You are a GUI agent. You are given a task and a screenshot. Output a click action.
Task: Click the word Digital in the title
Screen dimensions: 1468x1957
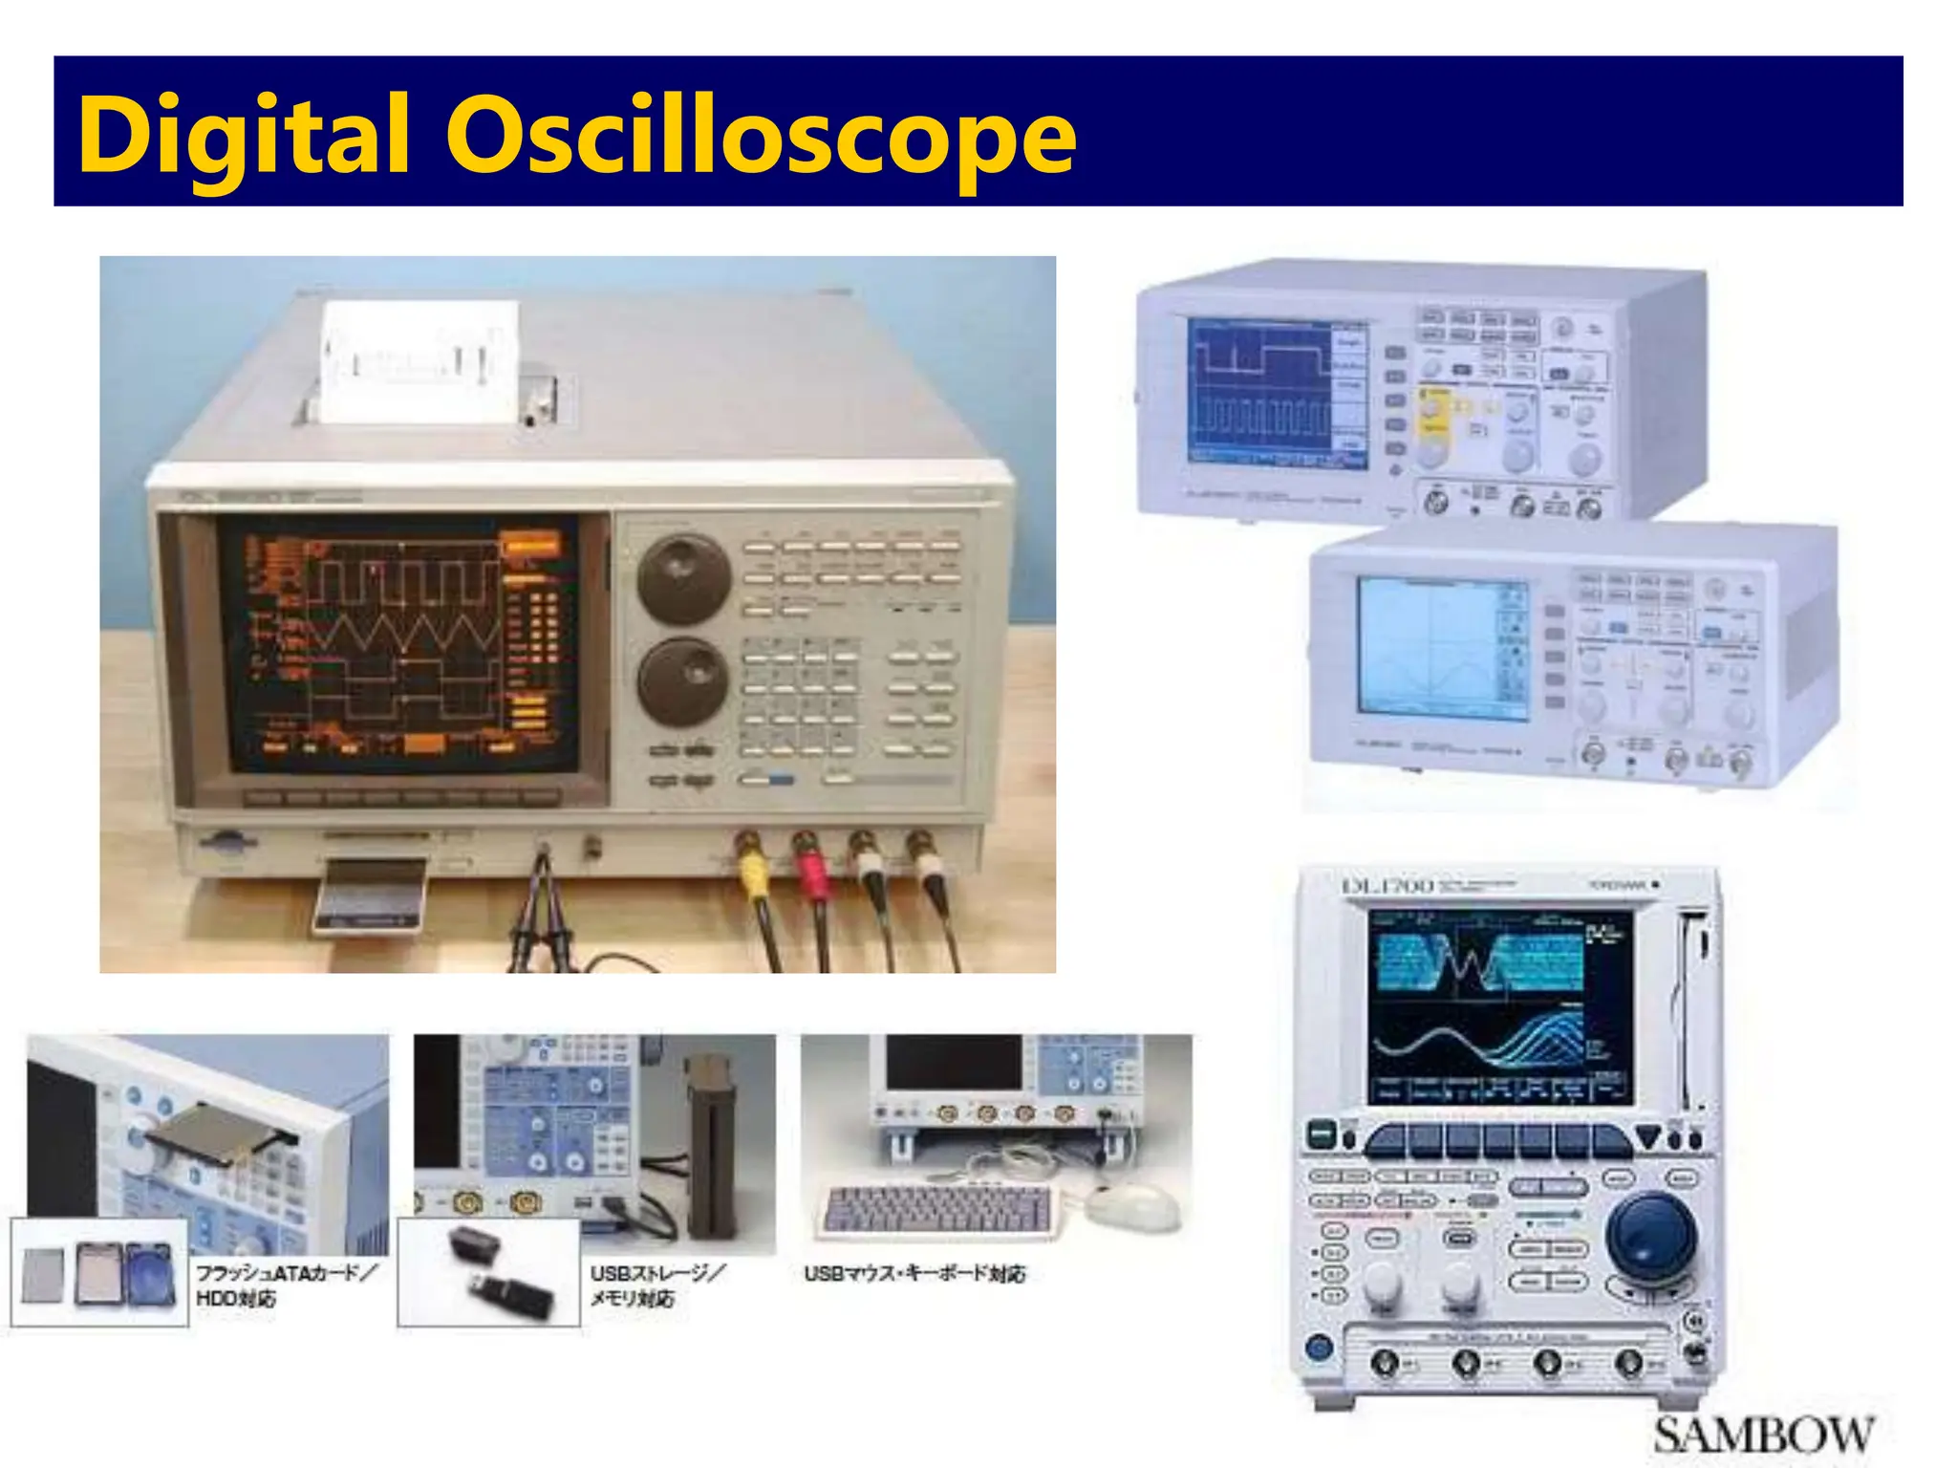click(244, 137)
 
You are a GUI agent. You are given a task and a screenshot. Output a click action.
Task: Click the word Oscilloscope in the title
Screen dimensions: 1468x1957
click(761, 137)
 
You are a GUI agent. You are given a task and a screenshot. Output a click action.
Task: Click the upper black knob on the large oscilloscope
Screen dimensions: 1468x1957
click(683, 579)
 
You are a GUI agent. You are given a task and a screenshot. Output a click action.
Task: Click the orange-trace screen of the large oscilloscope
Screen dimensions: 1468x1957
click(399, 642)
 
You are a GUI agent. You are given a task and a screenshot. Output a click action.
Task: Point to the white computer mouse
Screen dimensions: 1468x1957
click(1133, 1209)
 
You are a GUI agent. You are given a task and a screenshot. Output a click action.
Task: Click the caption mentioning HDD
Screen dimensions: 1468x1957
click(285, 1285)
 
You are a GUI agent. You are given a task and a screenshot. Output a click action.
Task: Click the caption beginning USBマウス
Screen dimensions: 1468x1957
click(914, 1274)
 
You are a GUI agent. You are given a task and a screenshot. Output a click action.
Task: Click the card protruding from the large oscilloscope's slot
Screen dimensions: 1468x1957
click(371, 896)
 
